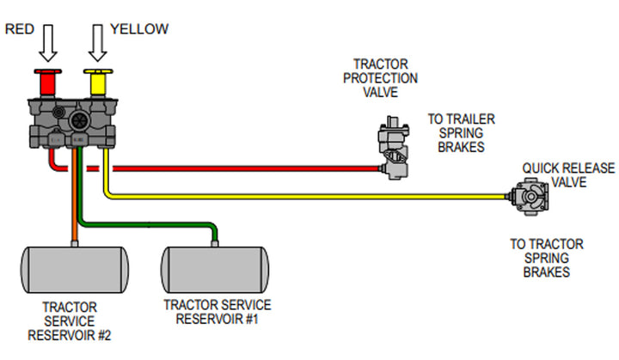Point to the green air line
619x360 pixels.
coord(155,225)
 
